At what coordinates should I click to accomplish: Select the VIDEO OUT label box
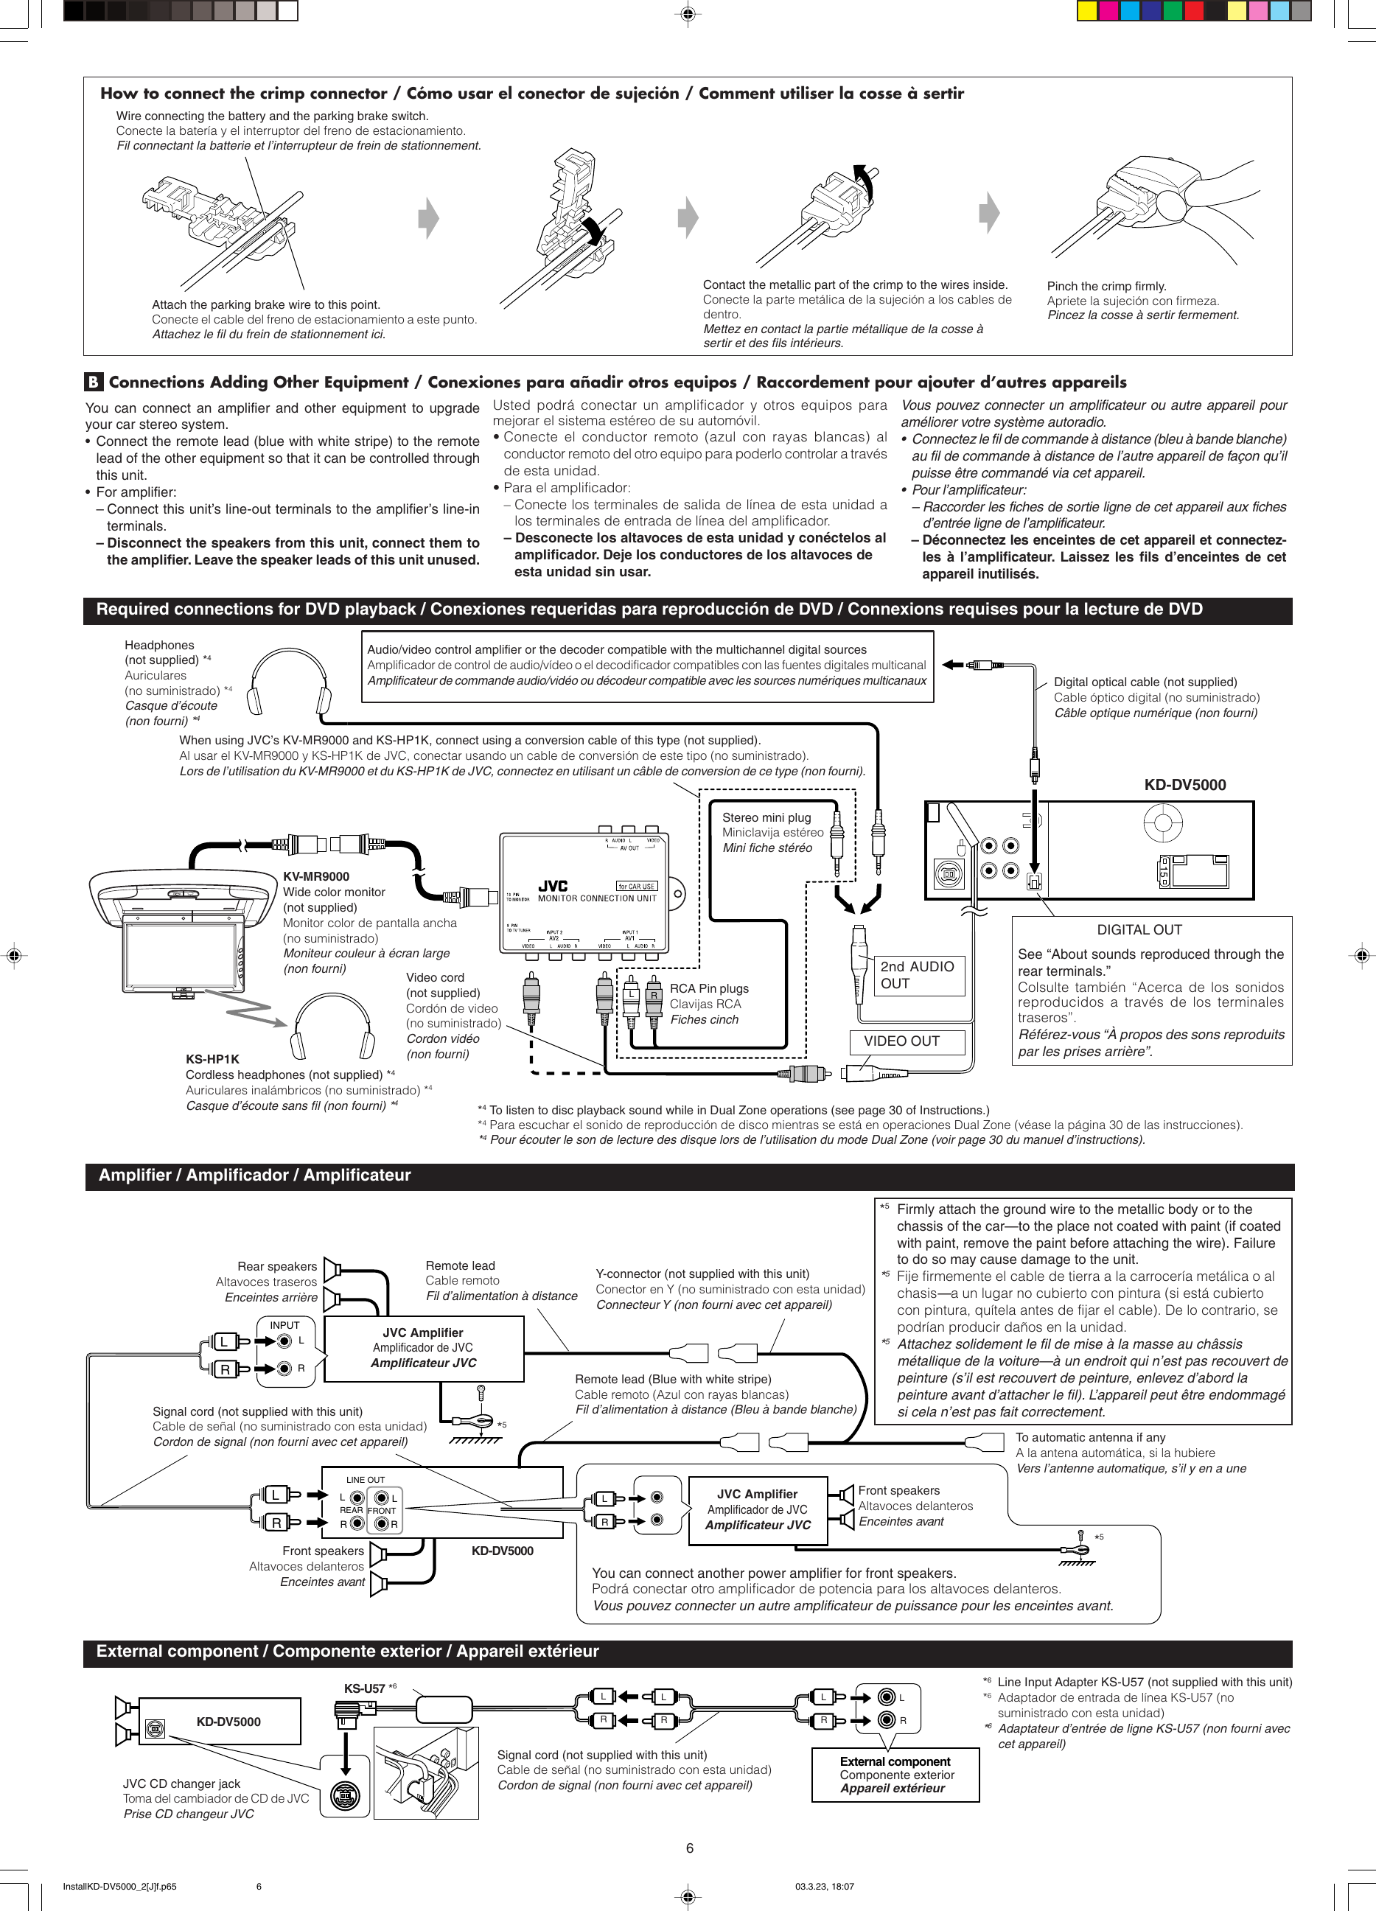tap(901, 1041)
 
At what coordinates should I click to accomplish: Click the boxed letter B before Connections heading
tap(93, 382)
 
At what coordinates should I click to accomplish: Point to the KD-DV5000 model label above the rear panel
tap(1184, 784)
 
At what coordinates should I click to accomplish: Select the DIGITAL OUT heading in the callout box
tap(1139, 929)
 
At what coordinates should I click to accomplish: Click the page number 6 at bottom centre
tap(689, 1848)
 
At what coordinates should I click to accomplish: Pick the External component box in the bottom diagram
tap(895, 1775)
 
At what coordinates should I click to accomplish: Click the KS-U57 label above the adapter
tap(364, 1688)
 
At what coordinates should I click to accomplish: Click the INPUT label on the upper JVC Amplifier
tap(284, 1324)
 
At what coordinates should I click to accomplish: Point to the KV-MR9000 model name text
tap(316, 876)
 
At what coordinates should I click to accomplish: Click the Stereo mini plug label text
tap(766, 817)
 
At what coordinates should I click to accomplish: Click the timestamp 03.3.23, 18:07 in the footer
tap(824, 1887)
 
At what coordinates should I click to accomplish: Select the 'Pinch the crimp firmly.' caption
tap(1106, 287)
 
